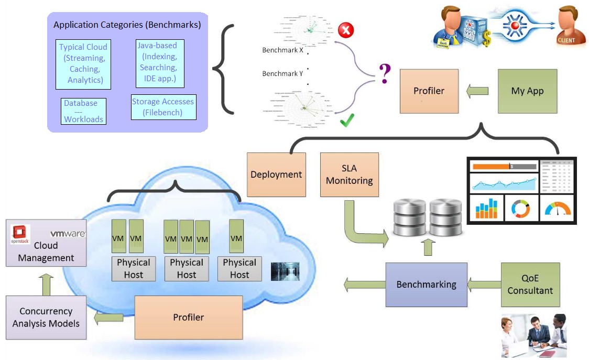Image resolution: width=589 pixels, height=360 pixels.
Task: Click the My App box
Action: pos(528,91)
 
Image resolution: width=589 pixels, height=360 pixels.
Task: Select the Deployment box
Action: pos(276,174)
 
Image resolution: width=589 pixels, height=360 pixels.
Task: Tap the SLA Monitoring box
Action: pos(349,174)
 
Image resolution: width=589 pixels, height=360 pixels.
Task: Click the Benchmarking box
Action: pos(426,285)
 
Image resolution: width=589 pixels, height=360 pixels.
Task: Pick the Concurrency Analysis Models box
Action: pos(46,317)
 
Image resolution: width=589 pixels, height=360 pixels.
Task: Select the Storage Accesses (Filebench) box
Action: pos(163,107)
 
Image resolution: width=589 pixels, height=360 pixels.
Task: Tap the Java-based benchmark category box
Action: pos(157,63)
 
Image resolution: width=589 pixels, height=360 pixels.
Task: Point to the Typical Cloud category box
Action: pos(83,63)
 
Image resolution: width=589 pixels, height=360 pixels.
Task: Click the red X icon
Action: pos(345,30)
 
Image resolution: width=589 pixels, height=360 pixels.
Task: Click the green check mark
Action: pos(347,122)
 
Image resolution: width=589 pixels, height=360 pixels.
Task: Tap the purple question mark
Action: pos(385,75)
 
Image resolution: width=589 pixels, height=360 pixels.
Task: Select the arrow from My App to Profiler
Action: pos(477,91)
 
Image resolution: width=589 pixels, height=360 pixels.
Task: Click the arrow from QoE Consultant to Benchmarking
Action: pos(484,285)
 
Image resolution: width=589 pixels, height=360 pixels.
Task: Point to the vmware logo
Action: pos(68,234)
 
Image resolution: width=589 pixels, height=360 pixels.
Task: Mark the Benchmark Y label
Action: pos(282,74)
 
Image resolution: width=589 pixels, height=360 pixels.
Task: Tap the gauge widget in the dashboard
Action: pos(557,209)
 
